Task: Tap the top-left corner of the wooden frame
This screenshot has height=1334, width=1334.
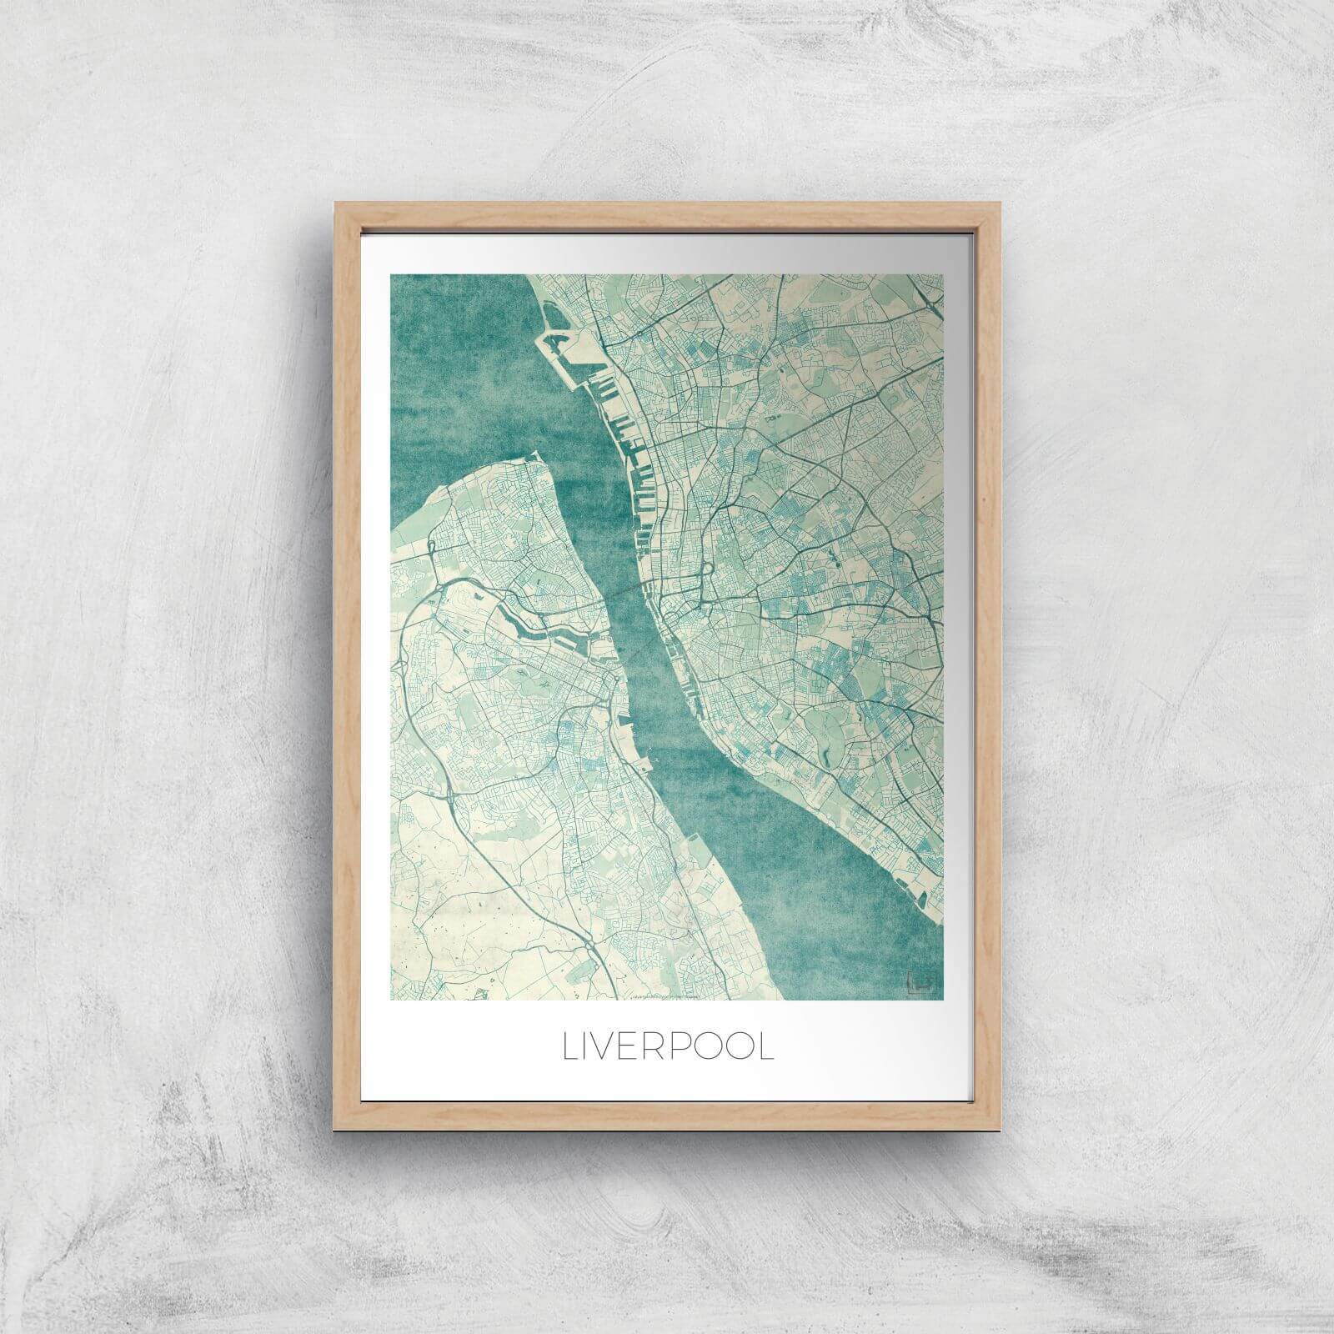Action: [x=336, y=203]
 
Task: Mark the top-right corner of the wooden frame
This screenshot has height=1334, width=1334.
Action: [x=998, y=203]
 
